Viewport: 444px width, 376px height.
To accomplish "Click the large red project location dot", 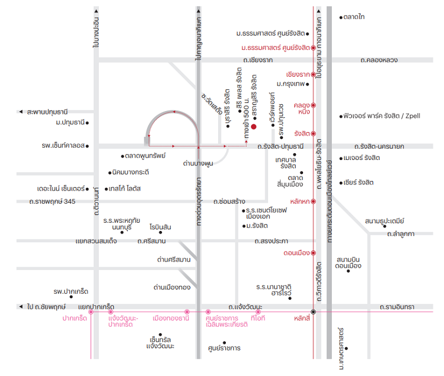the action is (254, 127).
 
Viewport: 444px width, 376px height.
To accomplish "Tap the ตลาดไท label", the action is (354, 17).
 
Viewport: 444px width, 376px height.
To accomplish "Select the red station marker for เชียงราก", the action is (313, 74).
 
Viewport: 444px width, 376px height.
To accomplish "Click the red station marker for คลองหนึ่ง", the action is (313, 105).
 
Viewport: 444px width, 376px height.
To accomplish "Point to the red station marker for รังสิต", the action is (313, 133).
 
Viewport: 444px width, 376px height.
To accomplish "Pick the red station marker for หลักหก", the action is (313, 202).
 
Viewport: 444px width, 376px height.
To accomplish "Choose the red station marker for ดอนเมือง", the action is (313, 253).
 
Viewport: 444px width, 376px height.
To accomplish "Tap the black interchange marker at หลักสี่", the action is (313, 312).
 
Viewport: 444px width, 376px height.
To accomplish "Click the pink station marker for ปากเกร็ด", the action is (91, 312).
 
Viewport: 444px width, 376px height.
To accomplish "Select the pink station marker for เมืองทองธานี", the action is (187, 312).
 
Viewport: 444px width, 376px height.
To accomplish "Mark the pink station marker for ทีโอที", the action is (258, 312).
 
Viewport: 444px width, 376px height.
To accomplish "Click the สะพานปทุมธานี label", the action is (47, 112).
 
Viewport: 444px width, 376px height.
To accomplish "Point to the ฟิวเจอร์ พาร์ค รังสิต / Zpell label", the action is (381, 116).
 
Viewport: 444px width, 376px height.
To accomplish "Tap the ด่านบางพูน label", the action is (198, 163).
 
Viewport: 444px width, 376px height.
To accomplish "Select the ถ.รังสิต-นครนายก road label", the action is (379, 147).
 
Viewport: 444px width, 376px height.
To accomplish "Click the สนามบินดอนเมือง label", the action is (349, 263).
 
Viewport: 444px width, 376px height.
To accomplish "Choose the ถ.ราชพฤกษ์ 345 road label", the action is (52, 202).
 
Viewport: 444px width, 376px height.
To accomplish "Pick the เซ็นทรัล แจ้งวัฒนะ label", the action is (160, 343).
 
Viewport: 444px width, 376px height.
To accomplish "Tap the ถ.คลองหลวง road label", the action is (379, 60).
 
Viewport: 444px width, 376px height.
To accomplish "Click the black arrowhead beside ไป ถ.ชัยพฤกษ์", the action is (21, 307).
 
